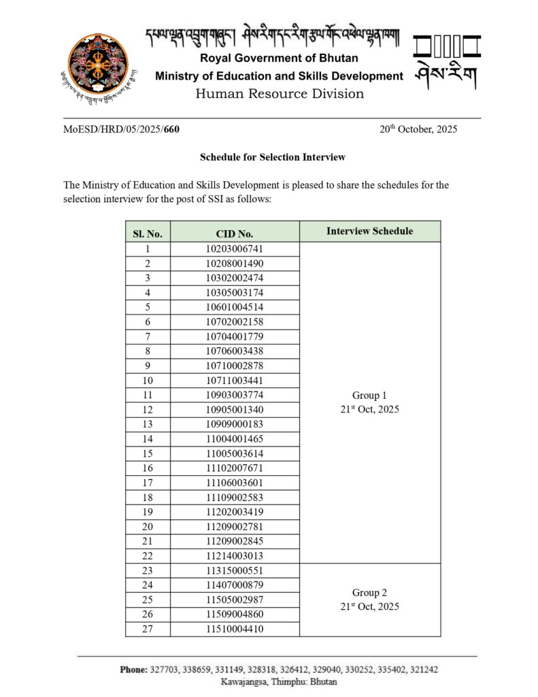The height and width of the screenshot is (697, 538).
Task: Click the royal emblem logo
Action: [x=101, y=67]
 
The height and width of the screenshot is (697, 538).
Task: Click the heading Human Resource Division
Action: [x=280, y=93]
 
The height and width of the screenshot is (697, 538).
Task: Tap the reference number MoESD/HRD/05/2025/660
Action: [x=122, y=129]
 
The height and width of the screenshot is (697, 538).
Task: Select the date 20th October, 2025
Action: [x=418, y=129]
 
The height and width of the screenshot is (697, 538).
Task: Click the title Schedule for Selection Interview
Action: [x=273, y=157]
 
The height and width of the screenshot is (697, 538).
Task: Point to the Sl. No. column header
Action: [x=148, y=233]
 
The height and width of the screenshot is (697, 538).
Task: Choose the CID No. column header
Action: [x=235, y=233]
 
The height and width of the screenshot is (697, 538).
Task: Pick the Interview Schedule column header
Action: [x=369, y=231]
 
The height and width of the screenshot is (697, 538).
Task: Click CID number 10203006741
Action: [x=235, y=249]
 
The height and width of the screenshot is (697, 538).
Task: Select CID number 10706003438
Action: [x=235, y=351]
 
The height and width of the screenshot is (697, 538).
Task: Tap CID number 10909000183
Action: [x=235, y=424]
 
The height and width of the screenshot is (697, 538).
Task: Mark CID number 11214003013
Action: [x=235, y=556]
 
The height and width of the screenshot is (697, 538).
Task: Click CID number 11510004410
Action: [x=235, y=629]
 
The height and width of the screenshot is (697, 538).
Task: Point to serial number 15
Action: [x=148, y=453]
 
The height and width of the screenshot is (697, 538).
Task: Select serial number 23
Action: [x=148, y=570]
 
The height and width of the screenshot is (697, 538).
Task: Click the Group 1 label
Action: [x=369, y=395]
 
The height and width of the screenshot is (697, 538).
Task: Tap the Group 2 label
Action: [x=369, y=593]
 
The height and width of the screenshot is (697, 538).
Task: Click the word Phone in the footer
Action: [x=133, y=670]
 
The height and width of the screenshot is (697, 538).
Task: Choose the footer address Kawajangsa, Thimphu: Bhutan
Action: [x=278, y=681]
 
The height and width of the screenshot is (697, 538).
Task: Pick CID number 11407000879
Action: [x=235, y=585]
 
